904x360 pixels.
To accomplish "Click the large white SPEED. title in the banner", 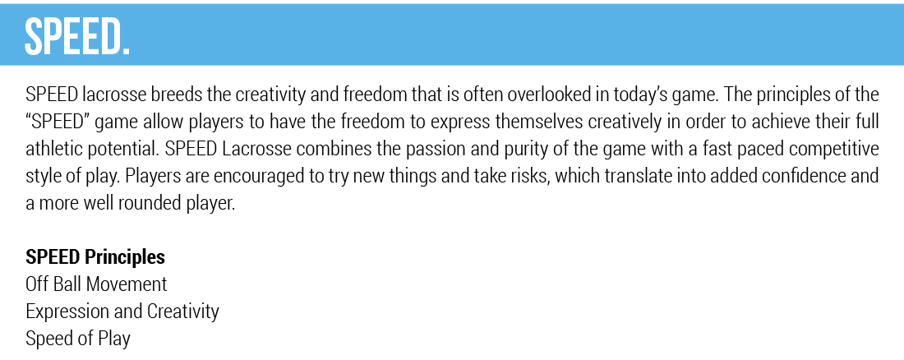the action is coord(77,36).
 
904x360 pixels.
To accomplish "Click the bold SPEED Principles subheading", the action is coord(95,257).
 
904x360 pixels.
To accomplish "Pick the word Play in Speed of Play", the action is coord(115,339).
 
